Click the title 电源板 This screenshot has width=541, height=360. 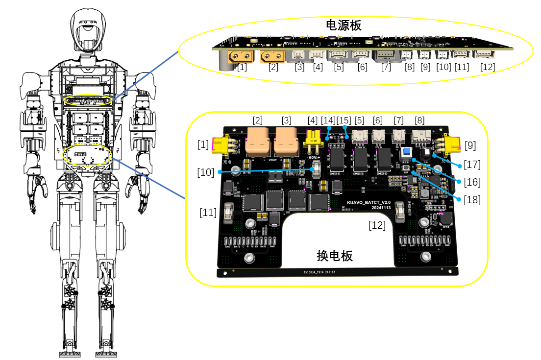coord(344,25)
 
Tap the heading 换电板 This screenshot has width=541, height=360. coord(335,255)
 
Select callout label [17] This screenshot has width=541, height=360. coord(472,164)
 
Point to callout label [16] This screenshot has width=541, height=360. coord(472,182)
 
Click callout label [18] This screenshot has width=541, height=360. coord(472,199)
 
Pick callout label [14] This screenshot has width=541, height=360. coord(328,120)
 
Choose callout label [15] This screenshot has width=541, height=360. coord(344,120)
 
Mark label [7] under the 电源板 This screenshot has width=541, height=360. coord(386,67)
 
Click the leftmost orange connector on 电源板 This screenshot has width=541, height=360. coord(242,57)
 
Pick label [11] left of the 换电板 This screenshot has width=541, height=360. coord(208,212)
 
